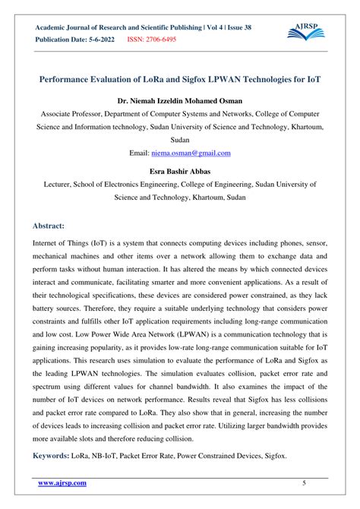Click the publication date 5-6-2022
(x=99, y=40)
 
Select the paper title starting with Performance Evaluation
(x=180, y=78)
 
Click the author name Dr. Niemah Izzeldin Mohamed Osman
(x=180, y=99)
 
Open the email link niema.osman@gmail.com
(x=191, y=153)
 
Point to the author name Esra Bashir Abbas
(x=180, y=170)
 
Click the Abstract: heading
(x=49, y=226)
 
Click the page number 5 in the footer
(x=304, y=483)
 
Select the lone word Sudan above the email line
(x=180, y=140)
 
